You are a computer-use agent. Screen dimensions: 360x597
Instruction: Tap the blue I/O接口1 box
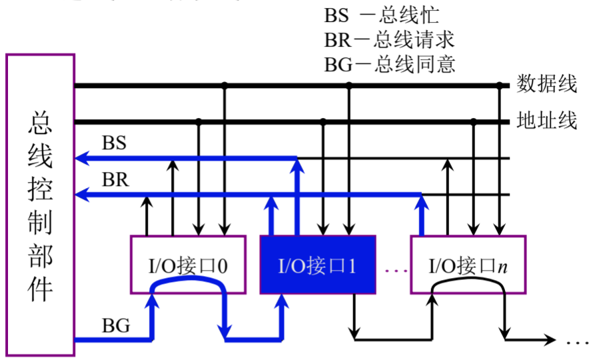(x=317, y=265)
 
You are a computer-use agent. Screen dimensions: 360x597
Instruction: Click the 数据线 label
(x=547, y=85)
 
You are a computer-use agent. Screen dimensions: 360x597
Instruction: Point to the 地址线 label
(x=547, y=121)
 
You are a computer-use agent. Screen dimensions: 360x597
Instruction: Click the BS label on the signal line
(x=115, y=143)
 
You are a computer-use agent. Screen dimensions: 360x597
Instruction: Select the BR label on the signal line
(x=115, y=179)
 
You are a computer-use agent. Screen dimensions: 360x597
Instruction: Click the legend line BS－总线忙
(x=381, y=15)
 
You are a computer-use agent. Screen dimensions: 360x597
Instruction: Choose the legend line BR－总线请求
(x=389, y=39)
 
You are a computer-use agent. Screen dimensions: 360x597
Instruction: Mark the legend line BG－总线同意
(x=389, y=64)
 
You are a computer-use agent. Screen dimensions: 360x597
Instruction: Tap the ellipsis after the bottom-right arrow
(x=573, y=341)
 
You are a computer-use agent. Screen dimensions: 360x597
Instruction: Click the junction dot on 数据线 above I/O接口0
(x=225, y=85)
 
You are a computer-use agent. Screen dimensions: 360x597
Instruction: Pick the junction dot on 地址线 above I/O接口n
(x=474, y=122)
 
